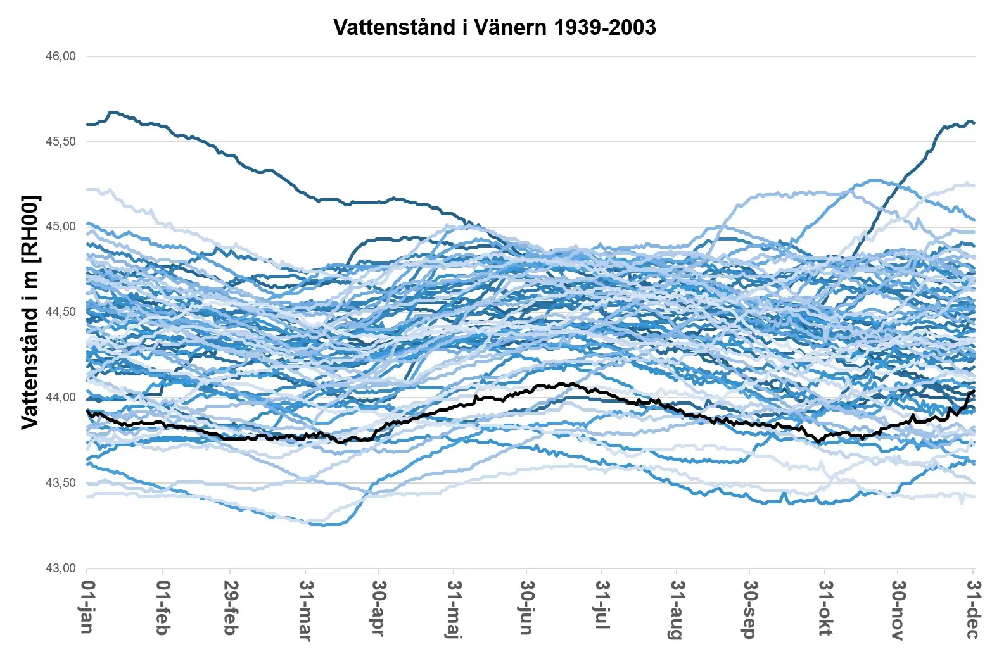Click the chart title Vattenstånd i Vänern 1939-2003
(x=495, y=27)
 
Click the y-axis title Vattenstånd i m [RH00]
(x=30, y=312)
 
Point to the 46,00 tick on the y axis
(x=60, y=56)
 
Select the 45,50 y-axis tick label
(x=60, y=142)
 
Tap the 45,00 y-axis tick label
(x=60, y=227)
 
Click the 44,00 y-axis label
(x=60, y=398)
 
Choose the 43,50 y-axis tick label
(x=60, y=483)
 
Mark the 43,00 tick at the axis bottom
(x=60, y=569)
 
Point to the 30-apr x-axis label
(x=378, y=608)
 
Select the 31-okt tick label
(x=825, y=608)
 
